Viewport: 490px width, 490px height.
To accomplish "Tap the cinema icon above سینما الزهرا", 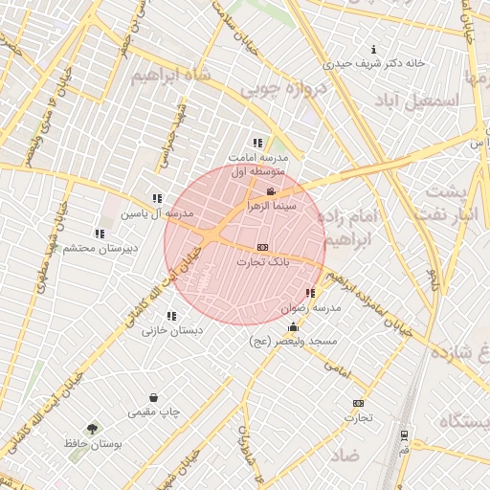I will tap(270, 192).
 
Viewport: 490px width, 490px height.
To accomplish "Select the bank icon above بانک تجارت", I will tap(262, 247).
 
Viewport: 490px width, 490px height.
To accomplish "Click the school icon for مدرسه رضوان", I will tap(309, 294).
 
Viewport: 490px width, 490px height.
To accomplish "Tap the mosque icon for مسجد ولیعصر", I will tap(292, 327).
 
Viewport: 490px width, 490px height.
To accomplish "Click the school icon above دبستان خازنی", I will tap(171, 316).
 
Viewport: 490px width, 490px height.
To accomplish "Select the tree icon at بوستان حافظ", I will tap(92, 430).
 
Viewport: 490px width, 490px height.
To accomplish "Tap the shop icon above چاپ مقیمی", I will tap(153, 397).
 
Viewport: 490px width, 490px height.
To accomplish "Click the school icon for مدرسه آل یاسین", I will tap(156, 198).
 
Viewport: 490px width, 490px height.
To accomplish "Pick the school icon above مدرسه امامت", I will tap(256, 143).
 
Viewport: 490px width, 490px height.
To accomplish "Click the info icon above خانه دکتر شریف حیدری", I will tap(373, 50).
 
